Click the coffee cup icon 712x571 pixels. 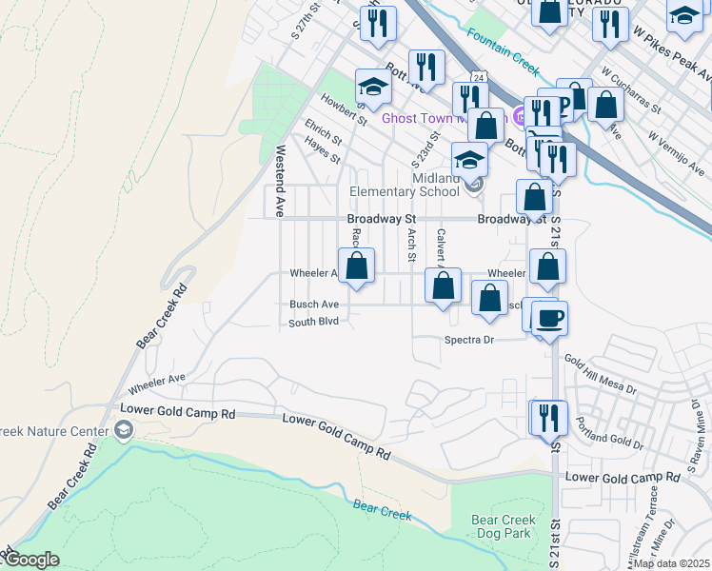[x=550, y=318]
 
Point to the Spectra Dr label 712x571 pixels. [x=469, y=340]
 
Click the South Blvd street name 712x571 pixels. [x=314, y=323]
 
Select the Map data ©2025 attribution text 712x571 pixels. [x=671, y=563]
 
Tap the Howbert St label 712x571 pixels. [x=343, y=108]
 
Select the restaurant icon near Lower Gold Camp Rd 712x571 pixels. [x=548, y=419]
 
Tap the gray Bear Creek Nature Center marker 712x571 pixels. [x=123, y=431]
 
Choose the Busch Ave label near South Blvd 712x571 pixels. [x=314, y=305]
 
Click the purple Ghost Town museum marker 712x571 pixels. [x=519, y=117]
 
